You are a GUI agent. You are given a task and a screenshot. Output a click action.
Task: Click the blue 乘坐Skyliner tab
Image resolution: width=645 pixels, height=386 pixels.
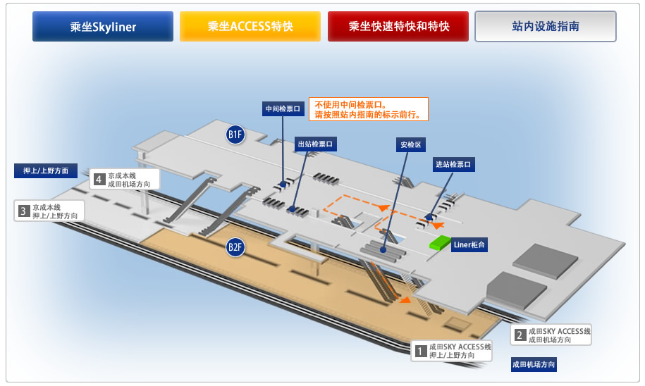[x=103, y=27]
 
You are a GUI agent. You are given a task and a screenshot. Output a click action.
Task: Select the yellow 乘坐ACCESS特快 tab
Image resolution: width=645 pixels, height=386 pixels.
[x=250, y=27]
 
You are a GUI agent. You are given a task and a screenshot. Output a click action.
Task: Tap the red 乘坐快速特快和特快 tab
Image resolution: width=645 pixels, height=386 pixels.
[x=398, y=27]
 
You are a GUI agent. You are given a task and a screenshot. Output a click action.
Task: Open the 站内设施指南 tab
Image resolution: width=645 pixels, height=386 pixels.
[x=546, y=27]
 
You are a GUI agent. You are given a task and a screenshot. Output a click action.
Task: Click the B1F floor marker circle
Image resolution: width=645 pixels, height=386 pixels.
[x=235, y=134]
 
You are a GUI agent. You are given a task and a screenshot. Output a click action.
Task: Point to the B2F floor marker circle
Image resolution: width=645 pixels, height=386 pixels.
[x=235, y=247]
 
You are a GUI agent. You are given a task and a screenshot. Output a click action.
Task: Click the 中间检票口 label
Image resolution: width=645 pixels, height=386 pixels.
[x=283, y=109]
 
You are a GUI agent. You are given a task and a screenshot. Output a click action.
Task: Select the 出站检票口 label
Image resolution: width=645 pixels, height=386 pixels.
[x=315, y=144]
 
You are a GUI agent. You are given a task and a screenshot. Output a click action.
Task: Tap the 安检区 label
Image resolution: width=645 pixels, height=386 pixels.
[x=410, y=145]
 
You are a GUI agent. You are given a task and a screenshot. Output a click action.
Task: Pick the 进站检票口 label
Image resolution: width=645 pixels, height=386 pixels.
[x=453, y=165]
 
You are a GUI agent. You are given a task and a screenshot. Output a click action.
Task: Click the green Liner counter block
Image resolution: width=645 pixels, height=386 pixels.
[x=441, y=243]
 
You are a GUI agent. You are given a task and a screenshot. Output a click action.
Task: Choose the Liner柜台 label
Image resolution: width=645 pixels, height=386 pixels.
[x=469, y=245]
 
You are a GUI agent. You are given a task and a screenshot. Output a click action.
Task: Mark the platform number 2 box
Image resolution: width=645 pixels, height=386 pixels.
[x=520, y=335]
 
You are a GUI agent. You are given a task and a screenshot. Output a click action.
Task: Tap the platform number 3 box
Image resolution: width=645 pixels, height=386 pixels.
[x=23, y=211]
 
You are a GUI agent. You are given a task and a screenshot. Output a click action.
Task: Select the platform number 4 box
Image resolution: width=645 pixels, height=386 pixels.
[x=99, y=179]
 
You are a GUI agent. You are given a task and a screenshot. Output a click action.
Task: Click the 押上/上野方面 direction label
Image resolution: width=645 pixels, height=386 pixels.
[x=46, y=170]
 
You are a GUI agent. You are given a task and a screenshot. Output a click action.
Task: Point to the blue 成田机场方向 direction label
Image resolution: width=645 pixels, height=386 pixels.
[x=534, y=365]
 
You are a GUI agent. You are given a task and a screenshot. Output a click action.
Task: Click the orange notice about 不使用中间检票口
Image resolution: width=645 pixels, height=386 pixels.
[x=368, y=109]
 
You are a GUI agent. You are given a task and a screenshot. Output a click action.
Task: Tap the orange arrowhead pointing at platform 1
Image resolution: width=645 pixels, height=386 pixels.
[x=405, y=300]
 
